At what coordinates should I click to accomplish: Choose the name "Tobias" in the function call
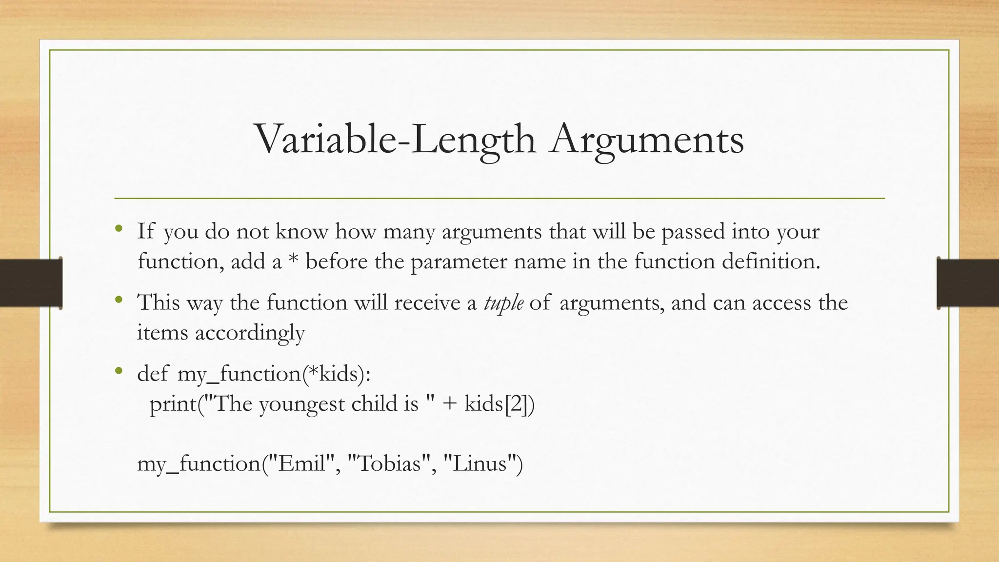tap(389, 463)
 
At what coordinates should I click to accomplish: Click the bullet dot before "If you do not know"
tap(119, 228)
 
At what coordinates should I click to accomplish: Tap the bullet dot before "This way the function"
tap(119, 299)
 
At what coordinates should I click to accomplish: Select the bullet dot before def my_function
tap(119, 371)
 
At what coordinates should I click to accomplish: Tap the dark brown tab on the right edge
tap(968, 283)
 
